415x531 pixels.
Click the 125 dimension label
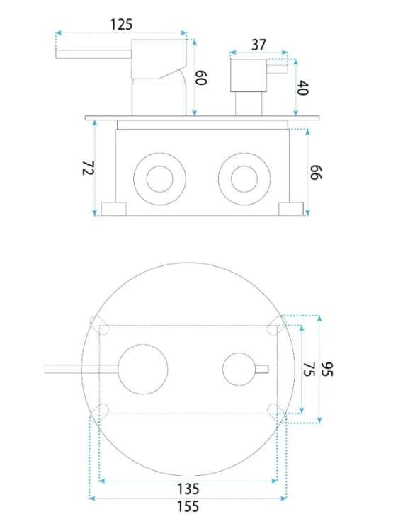click(x=121, y=24)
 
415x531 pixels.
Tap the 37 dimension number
click(x=258, y=45)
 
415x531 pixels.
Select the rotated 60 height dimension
click(x=201, y=78)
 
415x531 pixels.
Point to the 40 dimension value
click(x=302, y=88)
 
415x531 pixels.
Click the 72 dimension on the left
click(x=88, y=168)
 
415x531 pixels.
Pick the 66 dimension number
click(x=316, y=172)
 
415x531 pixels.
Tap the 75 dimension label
click(x=309, y=370)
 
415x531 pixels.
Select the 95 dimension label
click(x=327, y=369)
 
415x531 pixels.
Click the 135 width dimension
click(x=188, y=489)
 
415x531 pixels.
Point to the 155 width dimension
click(x=188, y=507)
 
